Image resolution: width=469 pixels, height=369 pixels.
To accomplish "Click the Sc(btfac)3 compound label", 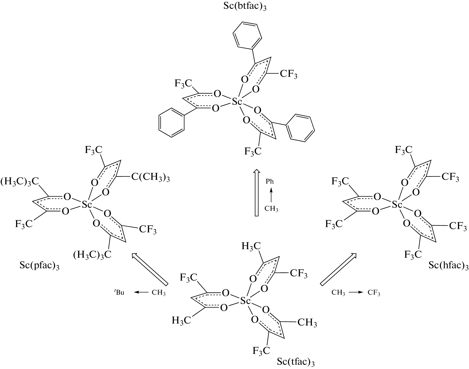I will coord(245,6).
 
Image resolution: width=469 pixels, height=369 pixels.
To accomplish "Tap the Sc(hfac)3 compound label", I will coord(448,266).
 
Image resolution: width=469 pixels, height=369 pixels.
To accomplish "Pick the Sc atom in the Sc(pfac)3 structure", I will coord(87,205).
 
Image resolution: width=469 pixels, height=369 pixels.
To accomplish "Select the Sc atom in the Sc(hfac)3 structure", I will coord(397,205).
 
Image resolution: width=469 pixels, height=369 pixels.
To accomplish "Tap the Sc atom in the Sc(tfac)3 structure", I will coord(245,301).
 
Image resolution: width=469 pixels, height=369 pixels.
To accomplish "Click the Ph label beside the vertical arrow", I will coord(270,182).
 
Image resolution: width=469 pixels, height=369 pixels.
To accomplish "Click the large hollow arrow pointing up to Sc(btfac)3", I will coord(256,192).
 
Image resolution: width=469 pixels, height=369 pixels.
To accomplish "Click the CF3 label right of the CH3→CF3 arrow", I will coord(374,293).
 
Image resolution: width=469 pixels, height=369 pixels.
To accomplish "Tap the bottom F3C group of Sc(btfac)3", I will coord(253,151).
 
